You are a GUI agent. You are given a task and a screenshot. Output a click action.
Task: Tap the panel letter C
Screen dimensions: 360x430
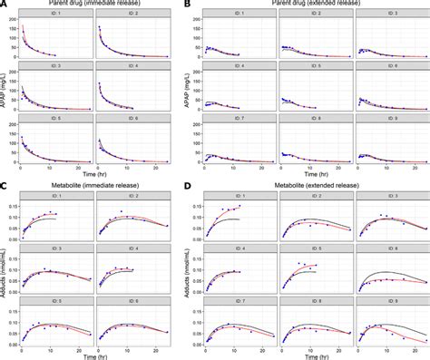tap(5, 187)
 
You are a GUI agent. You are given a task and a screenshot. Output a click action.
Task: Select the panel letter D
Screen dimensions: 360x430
tap(188, 187)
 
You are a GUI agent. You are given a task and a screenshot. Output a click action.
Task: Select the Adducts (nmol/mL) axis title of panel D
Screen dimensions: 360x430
tap(190, 275)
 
